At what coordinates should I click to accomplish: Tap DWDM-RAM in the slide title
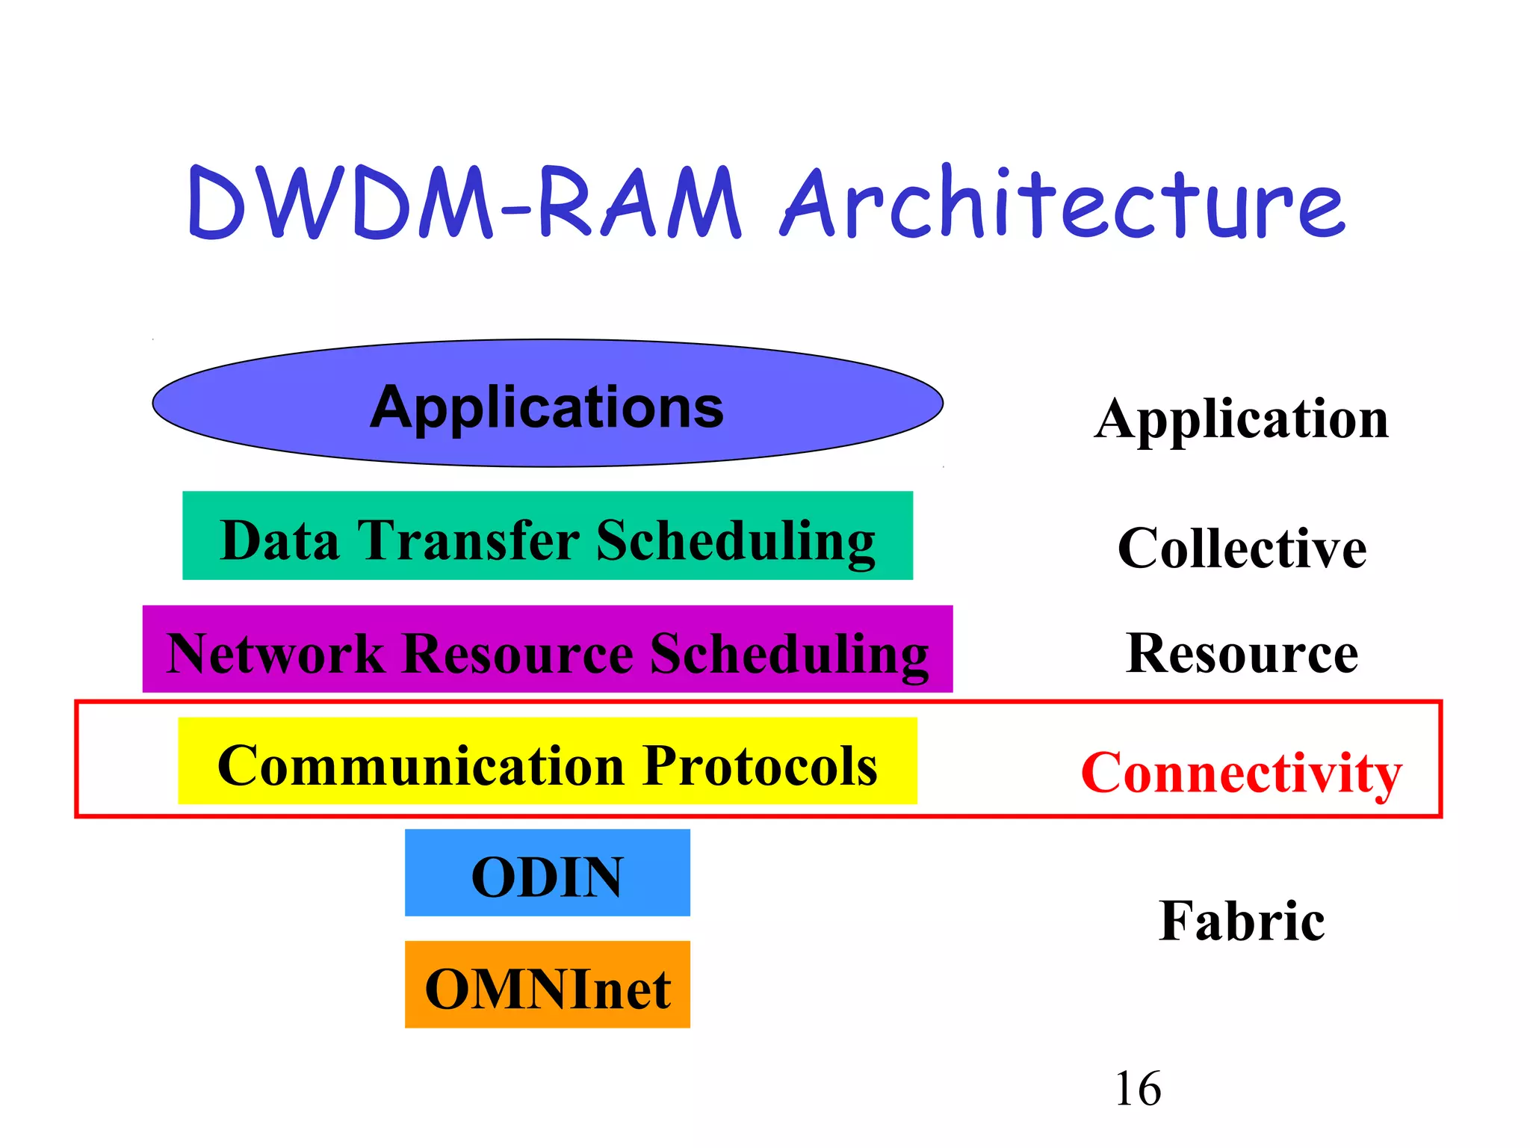point(463,203)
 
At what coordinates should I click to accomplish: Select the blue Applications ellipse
point(547,404)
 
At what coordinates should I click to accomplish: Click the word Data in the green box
point(279,540)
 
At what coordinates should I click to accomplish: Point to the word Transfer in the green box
point(468,540)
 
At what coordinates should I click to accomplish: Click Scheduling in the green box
point(735,542)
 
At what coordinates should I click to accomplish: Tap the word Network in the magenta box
point(275,654)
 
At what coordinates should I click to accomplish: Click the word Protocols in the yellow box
point(760,766)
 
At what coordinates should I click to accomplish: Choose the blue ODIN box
point(547,874)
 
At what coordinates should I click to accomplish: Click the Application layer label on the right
point(1241,420)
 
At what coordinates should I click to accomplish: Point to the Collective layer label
point(1242,549)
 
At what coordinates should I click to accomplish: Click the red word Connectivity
point(1241,773)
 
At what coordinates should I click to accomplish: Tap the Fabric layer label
point(1242,921)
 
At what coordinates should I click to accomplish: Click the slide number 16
point(1138,1089)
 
